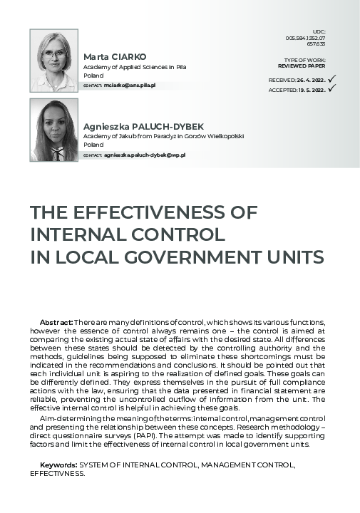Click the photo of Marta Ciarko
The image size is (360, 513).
[x=54, y=61]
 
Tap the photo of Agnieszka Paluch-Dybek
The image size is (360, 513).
[x=54, y=130]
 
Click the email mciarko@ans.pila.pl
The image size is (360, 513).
[x=130, y=85]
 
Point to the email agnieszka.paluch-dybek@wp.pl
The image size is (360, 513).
[x=144, y=154]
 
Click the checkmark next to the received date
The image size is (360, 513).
[x=332, y=79]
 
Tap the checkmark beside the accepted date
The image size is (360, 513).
[x=331, y=90]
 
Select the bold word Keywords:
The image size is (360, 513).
[x=61, y=464]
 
